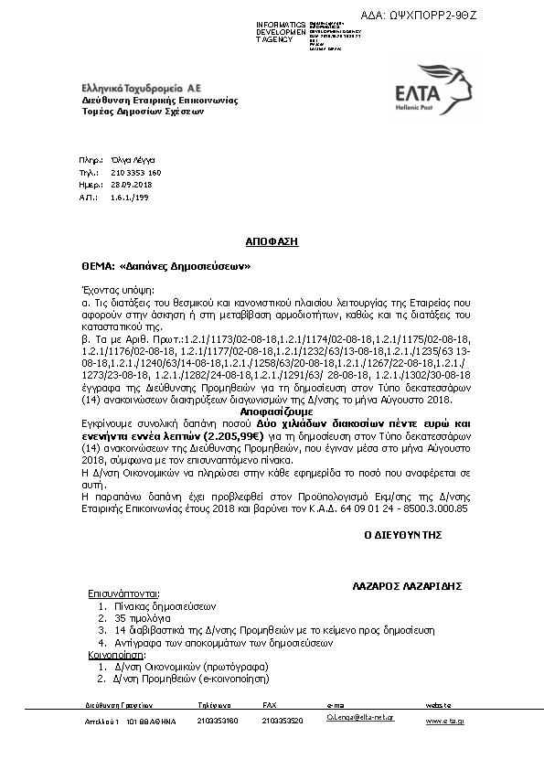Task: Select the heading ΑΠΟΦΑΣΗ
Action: pyautogui.click(x=272, y=242)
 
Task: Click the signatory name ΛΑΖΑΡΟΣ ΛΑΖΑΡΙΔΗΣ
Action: pyautogui.click(x=407, y=584)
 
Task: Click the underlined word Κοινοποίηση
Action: pyautogui.click(x=116, y=655)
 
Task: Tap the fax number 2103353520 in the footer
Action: pyautogui.click(x=283, y=721)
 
